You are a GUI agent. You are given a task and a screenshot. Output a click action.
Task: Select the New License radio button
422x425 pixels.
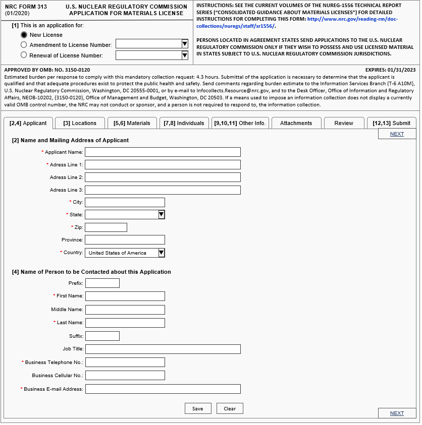(x=24, y=35)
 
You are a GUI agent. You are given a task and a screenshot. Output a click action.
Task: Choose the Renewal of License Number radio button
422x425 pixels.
(x=24, y=55)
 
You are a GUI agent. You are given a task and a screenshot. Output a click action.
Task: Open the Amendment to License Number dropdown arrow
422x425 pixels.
(x=185, y=44)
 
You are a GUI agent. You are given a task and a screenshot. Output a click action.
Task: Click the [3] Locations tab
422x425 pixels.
(x=80, y=123)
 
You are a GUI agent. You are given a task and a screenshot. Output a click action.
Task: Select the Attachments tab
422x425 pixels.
(x=296, y=123)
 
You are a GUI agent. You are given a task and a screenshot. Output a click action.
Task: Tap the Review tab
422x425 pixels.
(x=344, y=123)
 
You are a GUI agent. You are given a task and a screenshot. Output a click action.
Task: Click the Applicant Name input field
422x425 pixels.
(x=163, y=152)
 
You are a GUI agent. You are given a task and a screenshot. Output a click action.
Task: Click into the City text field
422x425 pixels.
(x=125, y=202)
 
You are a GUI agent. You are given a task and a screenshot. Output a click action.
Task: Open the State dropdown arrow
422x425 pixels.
(x=162, y=215)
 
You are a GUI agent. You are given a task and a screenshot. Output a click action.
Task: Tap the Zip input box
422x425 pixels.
(x=106, y=227)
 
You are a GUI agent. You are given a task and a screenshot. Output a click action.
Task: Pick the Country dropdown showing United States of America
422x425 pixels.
(x=125, y=253)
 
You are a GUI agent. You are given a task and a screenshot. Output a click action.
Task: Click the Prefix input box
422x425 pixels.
(x=102, y=283)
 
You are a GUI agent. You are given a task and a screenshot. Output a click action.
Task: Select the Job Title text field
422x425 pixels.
(x=163, y=349)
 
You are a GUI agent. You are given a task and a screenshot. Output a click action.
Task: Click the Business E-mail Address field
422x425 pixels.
(x=163, y=389)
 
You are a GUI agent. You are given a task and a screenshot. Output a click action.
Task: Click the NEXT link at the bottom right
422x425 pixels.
(x=397, y=413)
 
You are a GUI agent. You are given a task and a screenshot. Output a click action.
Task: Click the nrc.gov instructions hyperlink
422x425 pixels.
(x=352, y=19)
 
